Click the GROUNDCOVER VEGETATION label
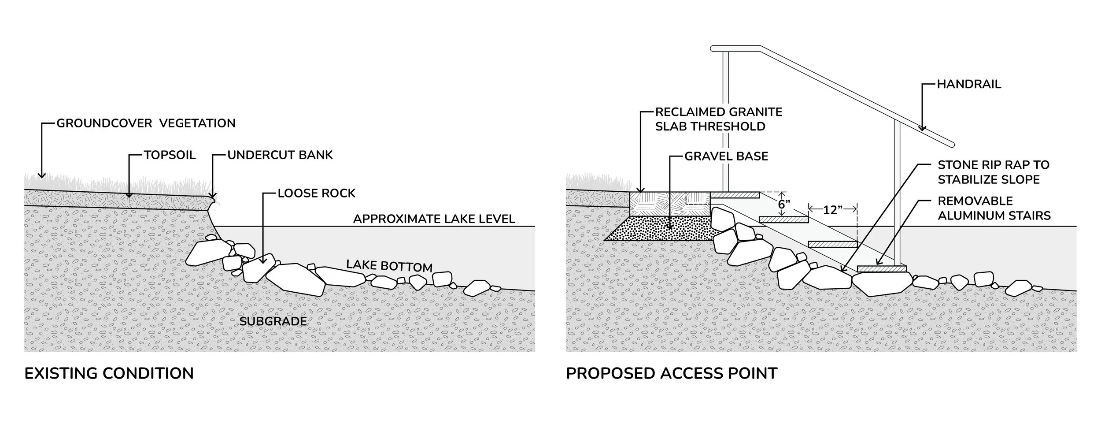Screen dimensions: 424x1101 [146, 123]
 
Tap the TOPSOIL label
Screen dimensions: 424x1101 [170, 155]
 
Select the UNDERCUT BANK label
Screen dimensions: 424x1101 [280, 155]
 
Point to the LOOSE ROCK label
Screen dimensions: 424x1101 [316, 193]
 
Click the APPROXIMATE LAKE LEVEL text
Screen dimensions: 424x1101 [434, 219]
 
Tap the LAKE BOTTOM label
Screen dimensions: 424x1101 [389, 266]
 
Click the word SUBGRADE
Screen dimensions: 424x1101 [273, 321]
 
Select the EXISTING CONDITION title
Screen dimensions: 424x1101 [109, 373]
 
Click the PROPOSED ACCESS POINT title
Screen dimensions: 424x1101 [672, 373]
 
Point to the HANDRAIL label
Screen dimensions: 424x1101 [969, 84]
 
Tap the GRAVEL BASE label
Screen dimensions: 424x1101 [726, 156]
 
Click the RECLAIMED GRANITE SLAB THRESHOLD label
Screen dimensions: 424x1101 [719, 119]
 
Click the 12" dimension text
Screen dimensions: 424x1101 [830, 210]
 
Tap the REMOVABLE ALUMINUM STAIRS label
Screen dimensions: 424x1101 [994, 208]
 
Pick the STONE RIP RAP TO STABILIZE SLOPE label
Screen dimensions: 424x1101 [994, 172]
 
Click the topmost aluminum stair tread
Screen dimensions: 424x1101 [735, 194]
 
